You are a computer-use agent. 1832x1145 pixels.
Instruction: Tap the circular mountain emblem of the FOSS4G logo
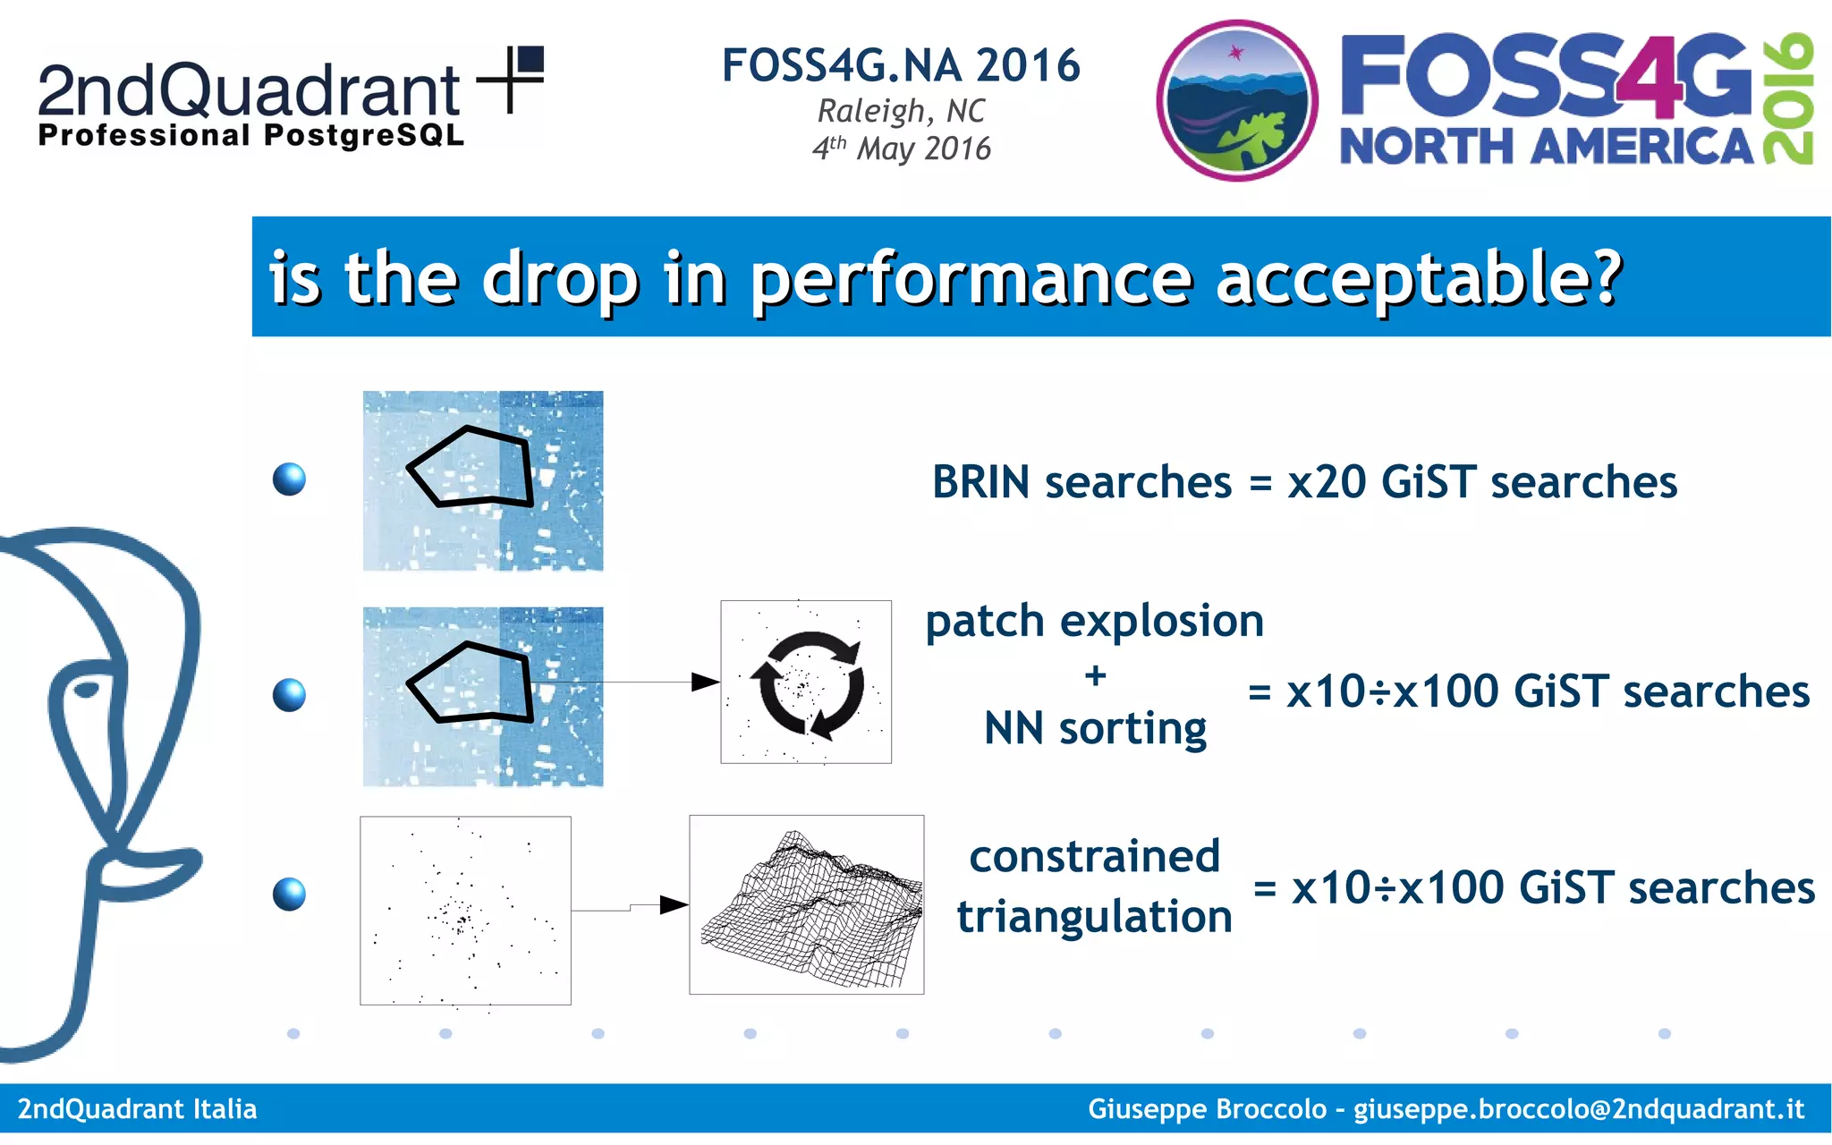click(x=1236, y=101)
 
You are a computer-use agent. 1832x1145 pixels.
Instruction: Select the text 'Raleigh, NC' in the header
click(x=901, y=111)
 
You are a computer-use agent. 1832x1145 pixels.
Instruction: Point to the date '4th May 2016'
click(x=901, y=148)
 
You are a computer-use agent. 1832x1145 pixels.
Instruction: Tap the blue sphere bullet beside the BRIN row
click(x=289, y=479)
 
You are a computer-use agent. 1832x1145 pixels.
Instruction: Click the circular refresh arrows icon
click(x=807, y=684)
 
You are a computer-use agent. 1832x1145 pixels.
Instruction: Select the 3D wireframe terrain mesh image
click(x=807, y=905)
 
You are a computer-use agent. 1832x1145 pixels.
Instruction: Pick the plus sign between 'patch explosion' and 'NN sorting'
click(x=1095, y=675)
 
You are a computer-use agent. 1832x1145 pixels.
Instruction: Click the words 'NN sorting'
click(x=1095, y=728)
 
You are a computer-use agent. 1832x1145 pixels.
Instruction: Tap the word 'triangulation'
click(x=1095, y=917)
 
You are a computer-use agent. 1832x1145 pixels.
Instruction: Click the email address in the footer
click(x=1578, y=1109)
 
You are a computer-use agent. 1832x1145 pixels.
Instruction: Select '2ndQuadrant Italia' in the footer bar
click(x=137, y=1109)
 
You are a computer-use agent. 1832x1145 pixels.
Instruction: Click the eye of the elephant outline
click(x=87, y=690)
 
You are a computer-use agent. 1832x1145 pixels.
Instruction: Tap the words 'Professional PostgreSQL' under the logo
click(x=251, y=136)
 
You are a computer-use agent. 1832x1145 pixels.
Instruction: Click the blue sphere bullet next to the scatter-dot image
click(x=289, y=894)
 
